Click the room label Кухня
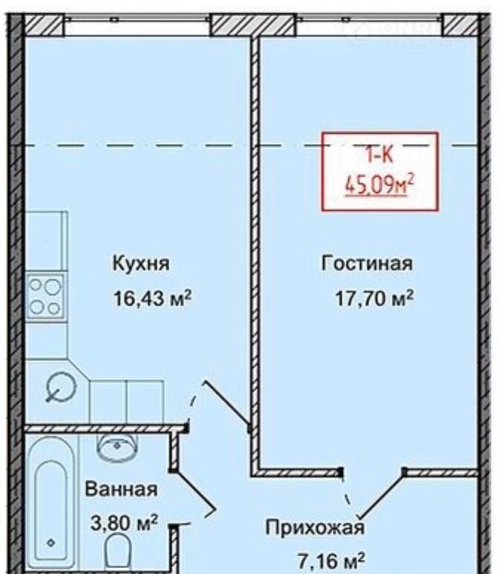[141, 264]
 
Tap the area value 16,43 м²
[153, 298]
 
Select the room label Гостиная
[367, 263]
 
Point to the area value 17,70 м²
[374, 298]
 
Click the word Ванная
[122, 489]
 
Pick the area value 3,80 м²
[124, 523]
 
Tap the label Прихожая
[315, 527]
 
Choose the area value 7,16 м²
[331, 561]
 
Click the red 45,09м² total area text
[379, 186]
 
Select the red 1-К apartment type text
[379, 156]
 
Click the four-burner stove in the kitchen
[45, 296]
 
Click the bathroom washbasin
[117, 445]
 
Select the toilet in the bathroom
[118, 553]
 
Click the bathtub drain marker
[51, 543]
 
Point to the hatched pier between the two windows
[253, 25]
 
